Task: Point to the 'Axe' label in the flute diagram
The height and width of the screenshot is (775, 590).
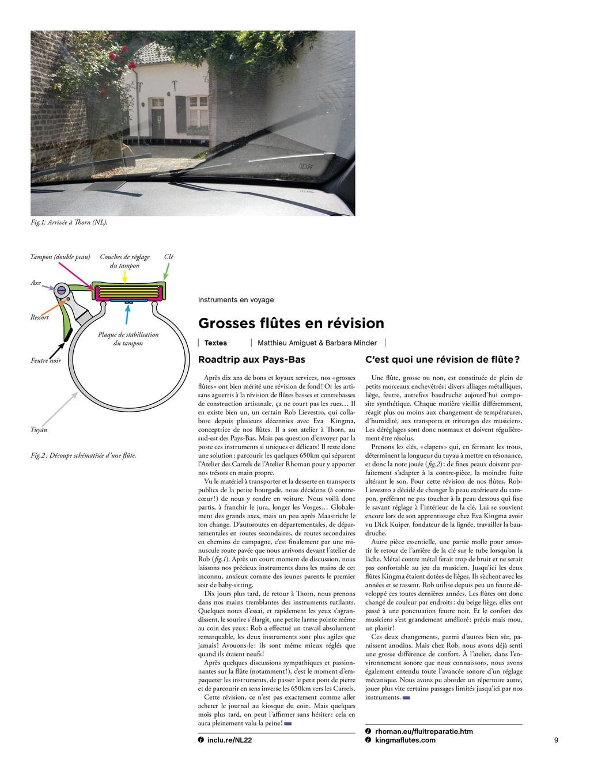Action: (x=36, y=283)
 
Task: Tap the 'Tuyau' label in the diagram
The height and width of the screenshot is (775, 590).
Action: (x=39, y=430)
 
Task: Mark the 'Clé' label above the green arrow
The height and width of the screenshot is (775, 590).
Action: (x=168, y=257)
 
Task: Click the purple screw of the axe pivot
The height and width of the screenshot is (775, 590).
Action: (x=60, y=290)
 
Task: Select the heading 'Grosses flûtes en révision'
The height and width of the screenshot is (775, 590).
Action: (x=291, y=323)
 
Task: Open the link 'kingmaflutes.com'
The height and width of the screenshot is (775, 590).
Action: (x=405, y=740)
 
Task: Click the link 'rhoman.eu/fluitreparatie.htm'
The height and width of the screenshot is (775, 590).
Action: (x=423, y=731)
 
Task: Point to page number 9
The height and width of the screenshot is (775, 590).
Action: (x=556, y=740)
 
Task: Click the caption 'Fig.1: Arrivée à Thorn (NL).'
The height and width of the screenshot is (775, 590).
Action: (x=69, y=222)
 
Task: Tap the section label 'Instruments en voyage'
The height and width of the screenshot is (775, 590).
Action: (x=236, y=300)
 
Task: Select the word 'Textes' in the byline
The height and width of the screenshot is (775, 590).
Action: (x=215, y=343)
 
